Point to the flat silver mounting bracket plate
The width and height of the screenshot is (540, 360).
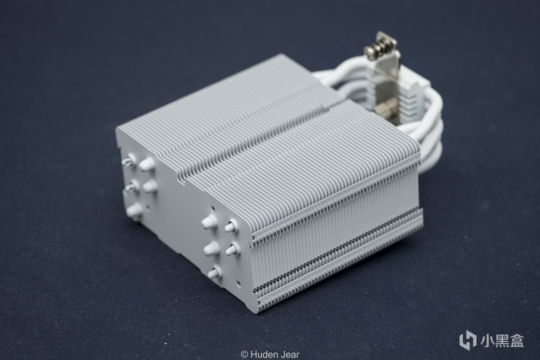[385, 80]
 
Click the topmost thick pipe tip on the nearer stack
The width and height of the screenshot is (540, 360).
[209, 222]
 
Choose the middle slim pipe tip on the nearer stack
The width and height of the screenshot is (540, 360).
[232, 249]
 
